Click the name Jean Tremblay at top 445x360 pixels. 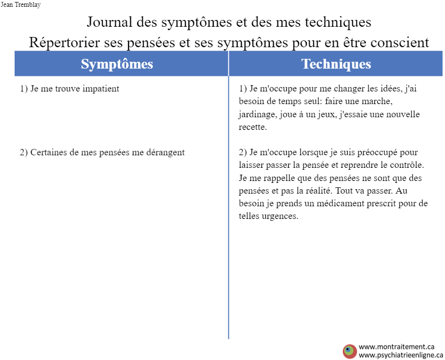coord(20,5)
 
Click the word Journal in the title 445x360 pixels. coord(110,22)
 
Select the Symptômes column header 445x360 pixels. coord(117,64)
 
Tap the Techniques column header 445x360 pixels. coord(336,64)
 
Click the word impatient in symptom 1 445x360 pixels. coord(101,89)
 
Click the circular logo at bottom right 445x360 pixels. coord(350,352)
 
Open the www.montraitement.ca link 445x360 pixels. coord(396,347)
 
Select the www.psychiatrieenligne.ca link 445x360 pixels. coord(401,355)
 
